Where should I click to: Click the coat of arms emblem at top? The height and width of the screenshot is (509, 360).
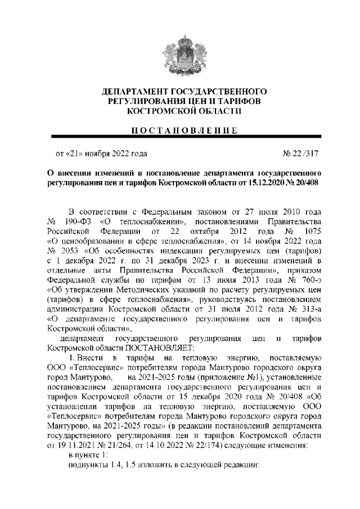tap(180, 54)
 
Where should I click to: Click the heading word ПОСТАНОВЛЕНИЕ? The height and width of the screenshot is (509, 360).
tap(180, 130)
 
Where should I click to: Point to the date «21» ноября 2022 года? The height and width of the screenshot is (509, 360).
tap(101, 152)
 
